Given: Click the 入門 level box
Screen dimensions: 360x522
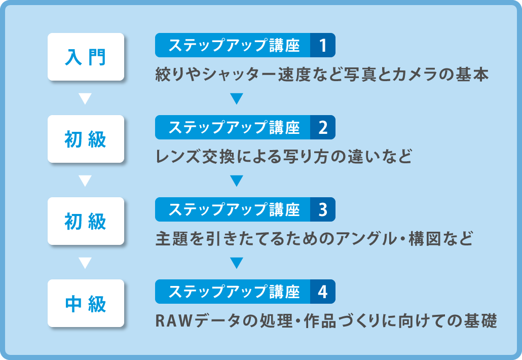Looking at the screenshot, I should [x=86, y=57].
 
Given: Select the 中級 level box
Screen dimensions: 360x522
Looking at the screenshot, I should [x=86, y=303].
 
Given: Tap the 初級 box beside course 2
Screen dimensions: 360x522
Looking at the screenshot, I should [x=86, y=139].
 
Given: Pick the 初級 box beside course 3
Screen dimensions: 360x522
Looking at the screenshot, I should [x=86, y=221].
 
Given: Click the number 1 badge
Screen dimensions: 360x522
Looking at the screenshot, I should [x=322, y=45].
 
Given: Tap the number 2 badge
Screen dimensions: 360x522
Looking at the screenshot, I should [x=322, y=127].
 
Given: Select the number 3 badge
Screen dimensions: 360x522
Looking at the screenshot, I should [x=322, y=209].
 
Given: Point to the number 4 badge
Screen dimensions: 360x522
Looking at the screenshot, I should [x=322, y=292].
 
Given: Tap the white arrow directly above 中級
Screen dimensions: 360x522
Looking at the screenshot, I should [x=85, y=263].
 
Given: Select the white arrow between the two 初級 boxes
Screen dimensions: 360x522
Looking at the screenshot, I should [x=85, y=181].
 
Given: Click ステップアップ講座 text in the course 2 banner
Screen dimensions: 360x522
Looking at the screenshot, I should [x=234, y=127].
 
